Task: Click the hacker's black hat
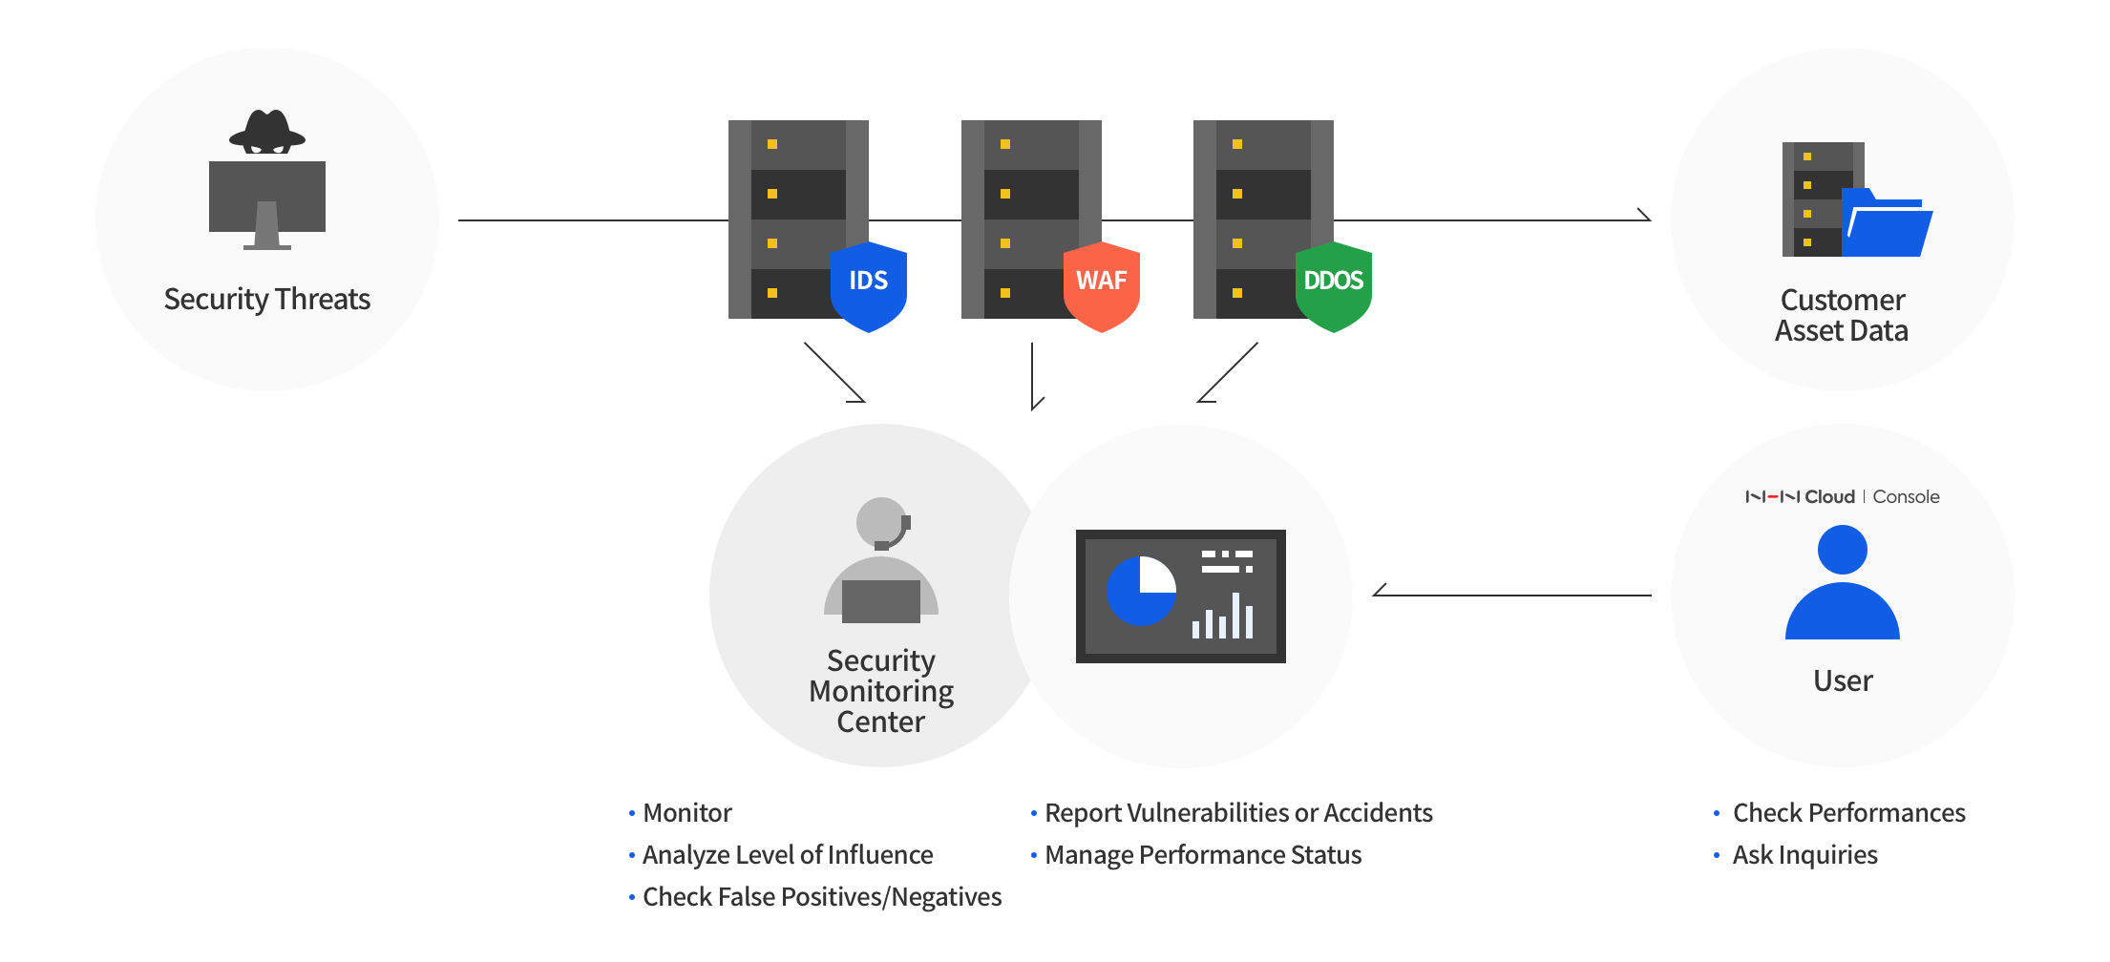[267, 131]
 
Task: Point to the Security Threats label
[267, 300]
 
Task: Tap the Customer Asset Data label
[1843, 315]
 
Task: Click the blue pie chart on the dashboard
[1141, 591]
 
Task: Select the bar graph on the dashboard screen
[1222, 617]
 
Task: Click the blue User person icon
[1843, 582]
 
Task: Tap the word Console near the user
[1906, 496]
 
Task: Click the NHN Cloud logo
[1800, 496]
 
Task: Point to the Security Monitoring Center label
[881, 691]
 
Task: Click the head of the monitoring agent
[881, 521]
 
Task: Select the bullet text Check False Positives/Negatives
[822, 897]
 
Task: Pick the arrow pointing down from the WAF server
[1032, 376]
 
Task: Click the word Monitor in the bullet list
[687, 813]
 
